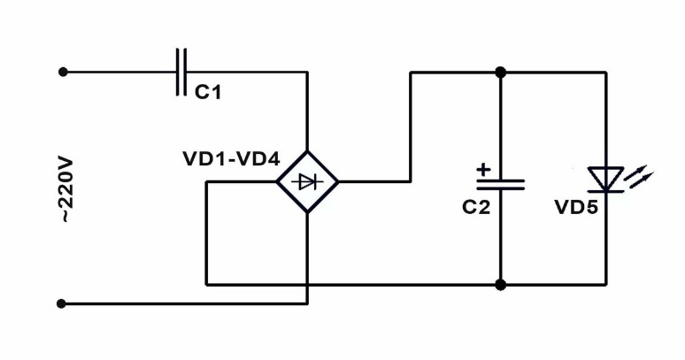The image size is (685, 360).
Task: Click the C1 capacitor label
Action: pyautogui.click(x=208, y=92)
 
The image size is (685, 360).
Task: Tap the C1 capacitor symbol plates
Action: pyautogui.click(x=181, y=72)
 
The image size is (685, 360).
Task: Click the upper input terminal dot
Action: pyautogui.click(x=62, y=72)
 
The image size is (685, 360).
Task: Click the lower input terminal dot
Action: pyautogui.click(x=62, y=303)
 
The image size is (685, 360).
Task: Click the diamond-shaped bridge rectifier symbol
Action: pyautogui.click(x=307, y=182)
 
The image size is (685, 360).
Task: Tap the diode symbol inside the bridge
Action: pyautogui.click(x=307, y=182)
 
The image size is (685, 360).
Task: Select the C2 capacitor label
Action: pyautogui.click(x=475, y=207)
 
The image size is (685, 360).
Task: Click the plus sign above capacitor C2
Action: pyautogui.click(x=482, y=167)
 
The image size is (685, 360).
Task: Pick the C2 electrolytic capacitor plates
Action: pyautogui.click(x=500, y=184)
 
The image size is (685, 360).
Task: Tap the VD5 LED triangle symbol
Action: pyautogui.click(x=606, y=179)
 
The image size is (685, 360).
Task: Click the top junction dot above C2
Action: pyautogui.click(x=500, y=72)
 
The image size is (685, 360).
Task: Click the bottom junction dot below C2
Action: pyautogui.click(x=500, y=285)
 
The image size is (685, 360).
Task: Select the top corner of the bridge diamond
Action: pyautogui.click(x=307, y=151)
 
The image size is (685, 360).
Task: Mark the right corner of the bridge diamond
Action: pyautogui.click(x=338, y=182)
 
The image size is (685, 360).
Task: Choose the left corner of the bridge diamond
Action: pyautogui.click(x=276, y=182)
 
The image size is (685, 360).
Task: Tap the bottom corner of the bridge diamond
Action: pyautogui.click(x=307, y=213)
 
